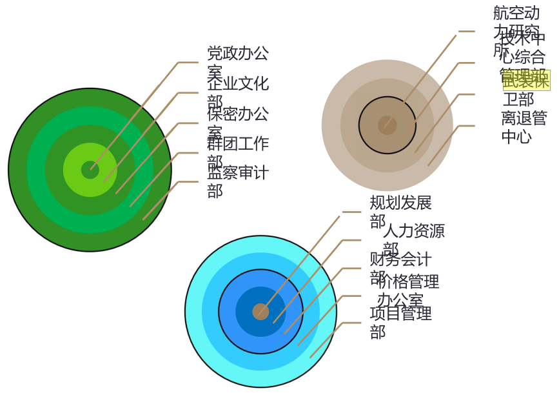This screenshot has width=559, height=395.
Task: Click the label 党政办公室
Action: point(237,61)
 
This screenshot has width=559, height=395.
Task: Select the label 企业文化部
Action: point(237,92)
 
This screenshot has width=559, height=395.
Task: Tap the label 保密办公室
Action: point(237,122)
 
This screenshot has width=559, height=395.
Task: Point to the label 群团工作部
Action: point(237,152)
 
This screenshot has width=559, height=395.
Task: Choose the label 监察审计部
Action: point(237,181)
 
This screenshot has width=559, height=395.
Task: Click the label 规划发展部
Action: point(400,211)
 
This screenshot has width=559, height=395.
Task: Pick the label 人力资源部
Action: point(413,239)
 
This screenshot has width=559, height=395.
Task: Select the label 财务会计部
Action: point(400,267)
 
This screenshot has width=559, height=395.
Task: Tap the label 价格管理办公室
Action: point(407,290)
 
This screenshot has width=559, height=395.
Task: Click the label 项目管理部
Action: point(400,321)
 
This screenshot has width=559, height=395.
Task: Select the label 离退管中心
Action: point(524,127)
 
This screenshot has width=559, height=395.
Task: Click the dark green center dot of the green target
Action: point(90,170)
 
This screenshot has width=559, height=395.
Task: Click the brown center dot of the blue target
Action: point(260,312)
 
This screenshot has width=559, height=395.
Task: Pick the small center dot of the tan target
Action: point(387,125)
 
